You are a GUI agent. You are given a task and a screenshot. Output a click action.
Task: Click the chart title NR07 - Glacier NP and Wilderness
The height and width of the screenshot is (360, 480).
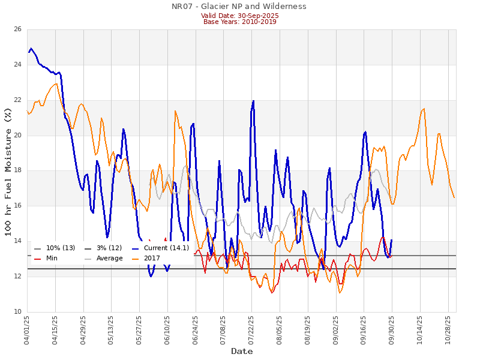(x=239, y=7)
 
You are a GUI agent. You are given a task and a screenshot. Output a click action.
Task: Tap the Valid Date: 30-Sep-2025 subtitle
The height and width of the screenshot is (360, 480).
(x=239, y=16)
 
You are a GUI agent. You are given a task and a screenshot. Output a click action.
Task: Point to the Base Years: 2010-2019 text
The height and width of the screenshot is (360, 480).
(x=239, y=22)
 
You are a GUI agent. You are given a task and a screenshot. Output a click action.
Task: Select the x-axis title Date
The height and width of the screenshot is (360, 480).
(x=242, y=351)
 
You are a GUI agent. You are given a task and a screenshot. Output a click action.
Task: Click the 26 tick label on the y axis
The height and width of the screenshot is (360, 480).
(x=17, y=29)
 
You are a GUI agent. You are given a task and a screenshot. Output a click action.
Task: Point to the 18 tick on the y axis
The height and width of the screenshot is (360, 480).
(x=17, y=170)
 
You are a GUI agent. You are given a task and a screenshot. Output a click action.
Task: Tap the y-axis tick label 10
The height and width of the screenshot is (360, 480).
(x=17, y=311)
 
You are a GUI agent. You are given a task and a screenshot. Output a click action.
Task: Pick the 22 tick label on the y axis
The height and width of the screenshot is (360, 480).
(x=17, y=100)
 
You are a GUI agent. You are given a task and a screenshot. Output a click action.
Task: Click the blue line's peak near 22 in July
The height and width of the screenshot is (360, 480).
(x=253, y=101)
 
